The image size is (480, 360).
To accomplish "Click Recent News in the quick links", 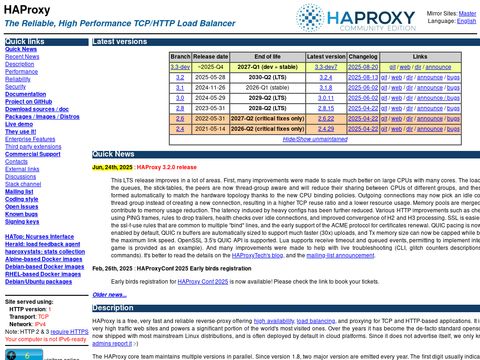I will click(x=23, y=57).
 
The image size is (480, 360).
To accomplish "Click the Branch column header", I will click(x=180, y=58).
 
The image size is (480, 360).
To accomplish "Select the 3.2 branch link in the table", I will click(x=180, y=76).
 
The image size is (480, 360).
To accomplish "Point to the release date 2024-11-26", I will click(x=213, y=87).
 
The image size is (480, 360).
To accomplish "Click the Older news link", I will click(x=109, y=295).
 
